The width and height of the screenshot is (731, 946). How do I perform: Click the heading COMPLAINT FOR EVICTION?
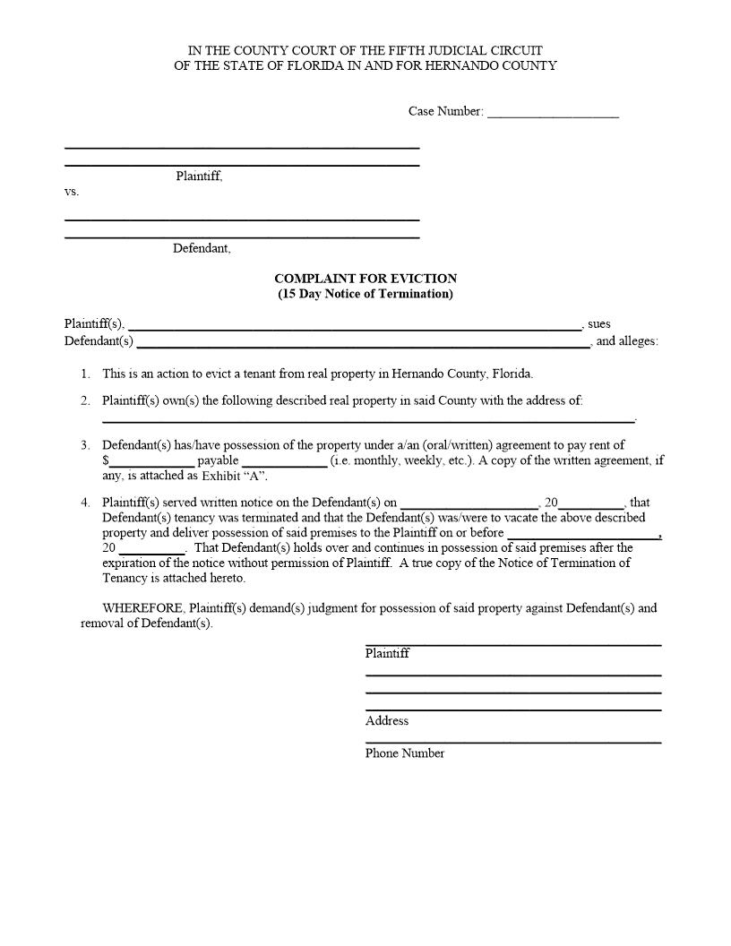365,279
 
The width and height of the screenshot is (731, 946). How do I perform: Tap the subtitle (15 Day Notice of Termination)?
365,294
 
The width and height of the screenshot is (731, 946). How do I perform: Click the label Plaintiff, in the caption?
199,176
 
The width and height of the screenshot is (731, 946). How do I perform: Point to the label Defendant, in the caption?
202,248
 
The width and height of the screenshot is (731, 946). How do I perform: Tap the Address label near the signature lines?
386,721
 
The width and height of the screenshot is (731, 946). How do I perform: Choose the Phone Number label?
404,753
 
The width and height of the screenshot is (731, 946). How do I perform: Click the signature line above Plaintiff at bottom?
512,643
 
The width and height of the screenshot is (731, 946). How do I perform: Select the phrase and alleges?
627,341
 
